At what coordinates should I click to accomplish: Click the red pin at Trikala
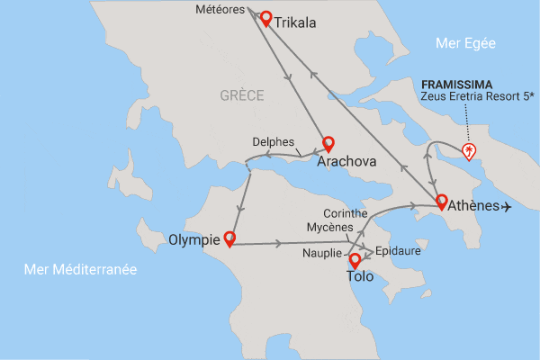click(265, 17)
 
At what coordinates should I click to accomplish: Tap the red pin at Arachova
click(328, 143)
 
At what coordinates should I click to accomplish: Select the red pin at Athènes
click(441, 201)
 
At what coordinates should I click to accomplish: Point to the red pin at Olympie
click(229, 238)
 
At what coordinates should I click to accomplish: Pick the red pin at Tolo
click(355, 260)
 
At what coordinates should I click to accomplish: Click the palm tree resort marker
click(468, 150)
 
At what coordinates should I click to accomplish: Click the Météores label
click(220, 11)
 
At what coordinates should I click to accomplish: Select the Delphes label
click(274, 141)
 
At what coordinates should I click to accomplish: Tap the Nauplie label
click(320, 255)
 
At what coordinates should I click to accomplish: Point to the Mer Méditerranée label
click(80, 269)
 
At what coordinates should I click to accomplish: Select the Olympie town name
click(194, 239)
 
